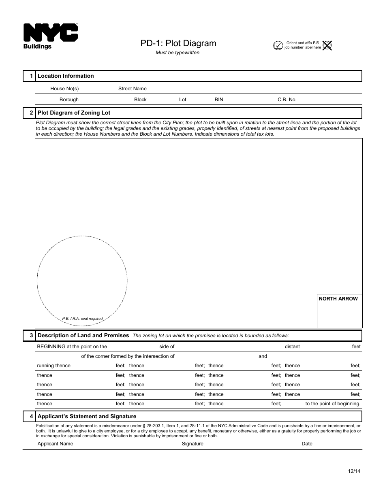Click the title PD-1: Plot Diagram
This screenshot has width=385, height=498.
tap(178, 43)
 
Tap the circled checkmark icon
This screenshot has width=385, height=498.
tap(278, 45)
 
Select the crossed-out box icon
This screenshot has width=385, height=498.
tap(327, 45)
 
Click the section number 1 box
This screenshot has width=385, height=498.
tap(29, 76)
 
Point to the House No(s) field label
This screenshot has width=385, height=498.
tap(64, 89)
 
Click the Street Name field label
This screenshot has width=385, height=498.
tap(133, 89)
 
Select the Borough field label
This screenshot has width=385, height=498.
tap(69, 100)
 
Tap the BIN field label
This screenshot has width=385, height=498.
tap(219, 100)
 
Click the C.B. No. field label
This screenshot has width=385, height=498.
tap(287, 100)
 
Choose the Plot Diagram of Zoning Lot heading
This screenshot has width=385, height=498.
tap(74, 113)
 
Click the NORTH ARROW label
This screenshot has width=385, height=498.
tap(338, 299)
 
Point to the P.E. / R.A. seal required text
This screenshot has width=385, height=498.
tap(82, 319)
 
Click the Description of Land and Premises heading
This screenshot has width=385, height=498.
tap(83, 336)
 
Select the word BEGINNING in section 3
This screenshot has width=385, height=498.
tap(51, 347)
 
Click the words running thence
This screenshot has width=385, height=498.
tap(53, 366)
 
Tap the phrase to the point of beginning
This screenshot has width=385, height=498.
tap(333, 404)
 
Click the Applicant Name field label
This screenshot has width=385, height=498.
tap(55, 444)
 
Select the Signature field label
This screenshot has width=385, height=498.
tap(192, 444)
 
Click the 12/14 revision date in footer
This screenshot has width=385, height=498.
tap(354, 471)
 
